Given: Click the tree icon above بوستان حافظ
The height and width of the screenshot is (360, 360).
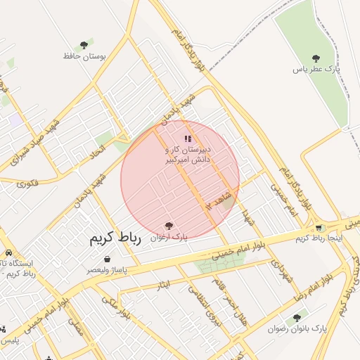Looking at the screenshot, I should pos(84,45).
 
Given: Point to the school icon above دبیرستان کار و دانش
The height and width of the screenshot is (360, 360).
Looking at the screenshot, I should pos(187,139).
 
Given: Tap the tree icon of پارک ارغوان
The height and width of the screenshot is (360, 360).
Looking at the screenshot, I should pos(168,226).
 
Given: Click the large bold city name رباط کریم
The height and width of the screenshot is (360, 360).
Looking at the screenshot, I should pos(115,239).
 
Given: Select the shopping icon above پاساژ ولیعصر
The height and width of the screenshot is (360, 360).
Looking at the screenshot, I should pos(106,259).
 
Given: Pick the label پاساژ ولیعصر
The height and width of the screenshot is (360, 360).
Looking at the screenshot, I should pos(106,270).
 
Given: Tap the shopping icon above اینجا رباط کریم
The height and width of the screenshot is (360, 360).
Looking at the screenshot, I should pos(320,228).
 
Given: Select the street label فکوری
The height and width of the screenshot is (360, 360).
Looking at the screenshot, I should pos(27,184).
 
